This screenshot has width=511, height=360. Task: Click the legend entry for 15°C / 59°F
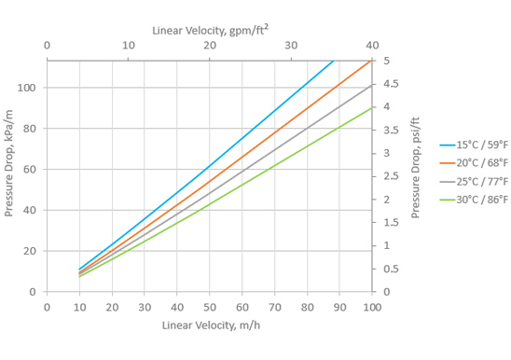474,145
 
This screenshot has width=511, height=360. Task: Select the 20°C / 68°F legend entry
474,162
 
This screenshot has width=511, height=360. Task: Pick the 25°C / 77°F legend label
474,181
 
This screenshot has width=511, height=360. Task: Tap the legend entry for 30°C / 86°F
474,200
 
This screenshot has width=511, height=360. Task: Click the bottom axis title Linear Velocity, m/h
211,325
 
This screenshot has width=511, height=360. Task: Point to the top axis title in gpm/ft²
211,31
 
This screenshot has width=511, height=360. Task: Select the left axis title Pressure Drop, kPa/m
8,163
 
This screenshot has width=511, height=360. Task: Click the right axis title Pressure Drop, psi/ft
415,168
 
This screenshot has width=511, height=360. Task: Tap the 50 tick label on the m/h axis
210,307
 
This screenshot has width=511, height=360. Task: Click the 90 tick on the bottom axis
339,307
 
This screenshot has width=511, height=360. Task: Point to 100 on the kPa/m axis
26,88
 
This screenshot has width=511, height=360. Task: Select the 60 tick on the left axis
29,169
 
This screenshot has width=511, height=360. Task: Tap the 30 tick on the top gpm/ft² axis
291,46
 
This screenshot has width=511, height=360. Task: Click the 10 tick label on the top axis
129,46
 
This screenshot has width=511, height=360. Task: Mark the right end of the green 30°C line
371,107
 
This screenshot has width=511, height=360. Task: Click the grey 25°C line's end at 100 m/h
371,86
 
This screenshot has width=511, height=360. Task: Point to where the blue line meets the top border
334,61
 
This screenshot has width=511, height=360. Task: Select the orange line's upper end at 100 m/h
371,61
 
